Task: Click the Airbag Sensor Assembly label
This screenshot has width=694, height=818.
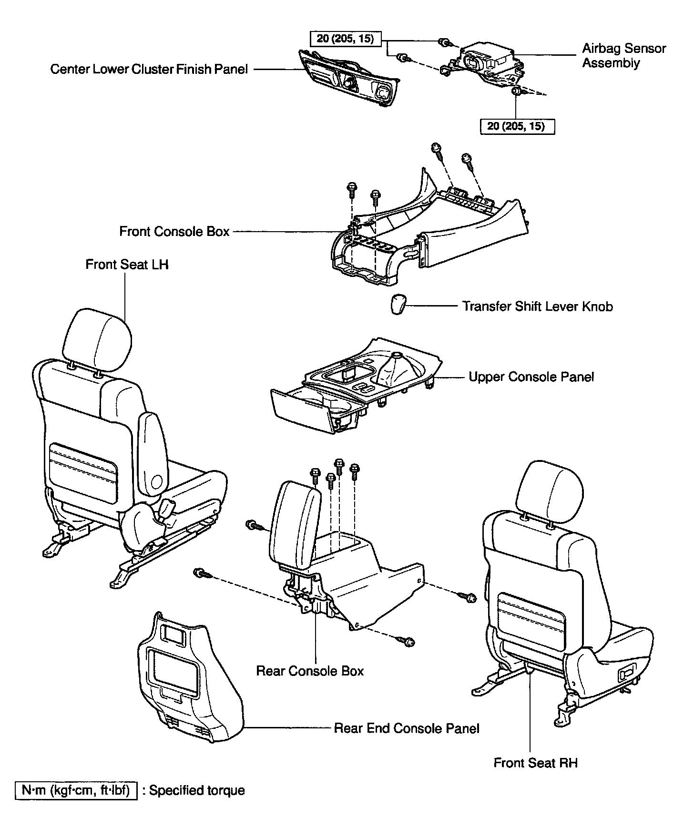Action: pyautogui.click(x=623, y=56)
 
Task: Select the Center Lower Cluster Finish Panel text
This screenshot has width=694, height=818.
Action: pyautogui.click(x=149, y=70)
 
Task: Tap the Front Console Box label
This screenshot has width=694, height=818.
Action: pyautogui.click(x=174, y=232)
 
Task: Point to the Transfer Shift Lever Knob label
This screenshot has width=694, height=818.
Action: pyautogui.click(x=538, y=306)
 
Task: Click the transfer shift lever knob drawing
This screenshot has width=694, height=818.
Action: pyautogui.click(x=398, y=305)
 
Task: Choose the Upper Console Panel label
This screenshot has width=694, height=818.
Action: pyautogui.click(x=531, y=377)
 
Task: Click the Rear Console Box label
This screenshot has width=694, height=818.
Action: pyautogui.click(x=310, y=671)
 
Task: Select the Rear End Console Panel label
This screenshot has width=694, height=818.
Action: pyautogui.click(x=407, y=728)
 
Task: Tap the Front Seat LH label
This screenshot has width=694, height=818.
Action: pyautogui.click(x=127, y=265)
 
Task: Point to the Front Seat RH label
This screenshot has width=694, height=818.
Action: pyautogui.click(x=535, y=763)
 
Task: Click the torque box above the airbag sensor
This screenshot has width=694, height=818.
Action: pyautogui.click(x=346, y=39)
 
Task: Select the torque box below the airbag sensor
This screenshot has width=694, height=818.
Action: pyautogui.click(x=517, y=126)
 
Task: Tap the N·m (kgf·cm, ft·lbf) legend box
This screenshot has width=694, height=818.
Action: pyautogui.click(x=76, y=790)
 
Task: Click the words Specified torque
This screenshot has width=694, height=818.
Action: pyautogui.click(x=197, y=790)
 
